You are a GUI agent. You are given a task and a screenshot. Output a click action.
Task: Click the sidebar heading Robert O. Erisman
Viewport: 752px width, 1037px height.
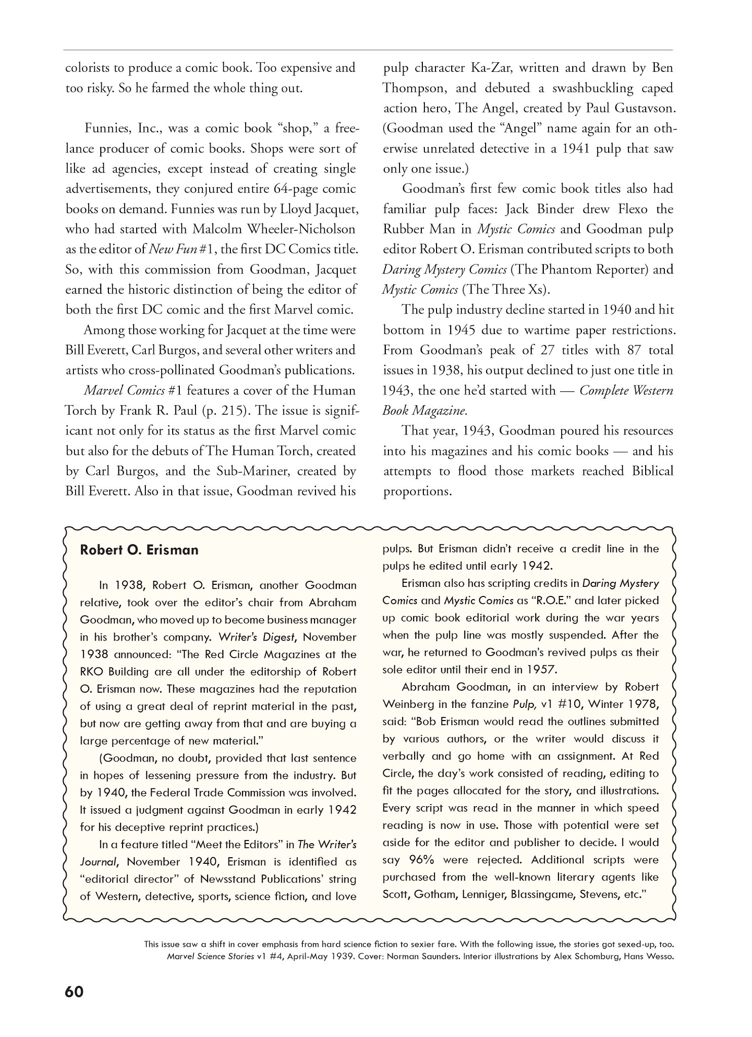(139, 550)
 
